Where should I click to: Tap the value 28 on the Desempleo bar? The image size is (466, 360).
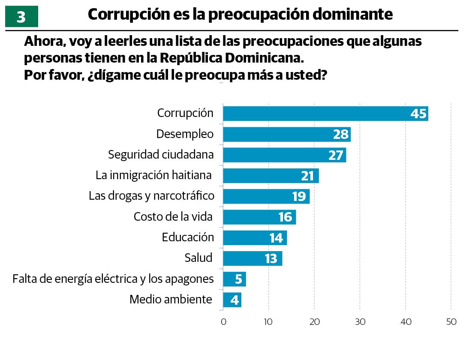point(341,135)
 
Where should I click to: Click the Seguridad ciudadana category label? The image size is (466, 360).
point(161,154)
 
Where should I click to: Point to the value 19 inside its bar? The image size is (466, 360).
point(299,197)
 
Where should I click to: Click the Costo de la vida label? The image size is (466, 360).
point(173,216)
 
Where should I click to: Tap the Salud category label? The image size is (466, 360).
point(198,258)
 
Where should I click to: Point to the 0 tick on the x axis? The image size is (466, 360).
point(223,322)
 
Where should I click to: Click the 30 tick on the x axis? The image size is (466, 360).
point(360,322)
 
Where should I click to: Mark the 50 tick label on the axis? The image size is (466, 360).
point(451,322)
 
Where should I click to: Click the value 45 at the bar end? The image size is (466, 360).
point(418,114)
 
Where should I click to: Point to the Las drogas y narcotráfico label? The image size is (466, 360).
point(151,196)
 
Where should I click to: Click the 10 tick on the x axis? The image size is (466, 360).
point(268,322)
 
